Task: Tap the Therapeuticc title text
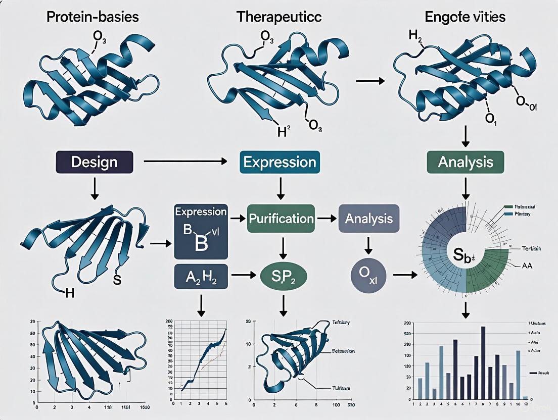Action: (278, 16)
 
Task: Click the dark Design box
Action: (95, 162)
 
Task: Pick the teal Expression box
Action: (280, 162)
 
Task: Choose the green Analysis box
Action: (465, 162)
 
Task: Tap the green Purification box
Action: (281, 219)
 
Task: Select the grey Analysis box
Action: (368, 219)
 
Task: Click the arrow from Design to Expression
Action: (184, 162)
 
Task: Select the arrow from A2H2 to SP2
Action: (242, 276)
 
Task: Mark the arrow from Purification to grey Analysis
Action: (326, 219)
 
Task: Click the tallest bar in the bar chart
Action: (483, 363)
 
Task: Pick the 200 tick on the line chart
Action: (169, 321)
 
